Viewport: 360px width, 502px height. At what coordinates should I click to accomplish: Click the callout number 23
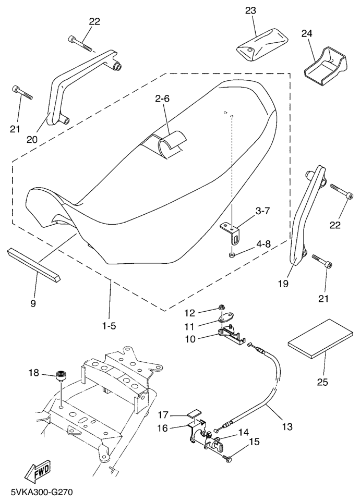click(x=250, y=11)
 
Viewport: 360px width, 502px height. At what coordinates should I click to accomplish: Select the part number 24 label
click(x=307, y=34)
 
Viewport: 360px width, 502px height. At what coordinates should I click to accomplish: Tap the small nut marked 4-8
click(x=232, y=254)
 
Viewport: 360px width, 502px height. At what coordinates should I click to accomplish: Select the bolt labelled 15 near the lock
click(x=227, y=459)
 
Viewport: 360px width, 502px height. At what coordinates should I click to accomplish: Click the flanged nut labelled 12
click(x=221, y=308)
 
